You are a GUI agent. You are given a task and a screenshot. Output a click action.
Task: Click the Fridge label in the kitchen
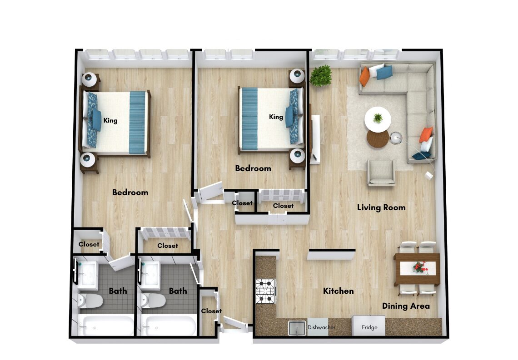tap(369, 327)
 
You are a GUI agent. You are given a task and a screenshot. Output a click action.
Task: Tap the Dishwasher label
tap(321, 327)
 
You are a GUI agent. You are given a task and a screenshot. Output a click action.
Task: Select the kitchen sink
tap(297, 328)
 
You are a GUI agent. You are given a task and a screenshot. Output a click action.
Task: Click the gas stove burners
tap(266, 291)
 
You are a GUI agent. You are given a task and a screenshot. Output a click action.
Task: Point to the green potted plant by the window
tap(321, 75)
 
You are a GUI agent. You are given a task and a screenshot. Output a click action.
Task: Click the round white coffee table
tap(378, 119)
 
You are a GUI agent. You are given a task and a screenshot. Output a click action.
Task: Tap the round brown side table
tap(378, 139)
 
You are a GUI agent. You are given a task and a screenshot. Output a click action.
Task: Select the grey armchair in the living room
tap(381, 172)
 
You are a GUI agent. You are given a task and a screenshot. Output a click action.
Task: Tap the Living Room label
tap(381, 207)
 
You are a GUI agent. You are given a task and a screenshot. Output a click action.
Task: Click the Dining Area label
tap(406, 306)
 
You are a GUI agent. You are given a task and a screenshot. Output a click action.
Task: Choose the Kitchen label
tap(338, 291)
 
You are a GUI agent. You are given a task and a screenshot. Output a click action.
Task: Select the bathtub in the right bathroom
tap(169, 325)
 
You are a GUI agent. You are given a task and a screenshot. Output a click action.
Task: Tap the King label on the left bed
tap(110, 120)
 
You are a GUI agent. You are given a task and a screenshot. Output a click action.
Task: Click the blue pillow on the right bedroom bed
tap(289, 116)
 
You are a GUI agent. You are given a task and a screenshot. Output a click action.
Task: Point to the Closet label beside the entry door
tap(211, 311)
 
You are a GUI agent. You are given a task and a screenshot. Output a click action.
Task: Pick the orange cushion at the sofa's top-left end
tap(364, 76)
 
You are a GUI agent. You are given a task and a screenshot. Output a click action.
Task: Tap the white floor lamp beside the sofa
tap(395, 137)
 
